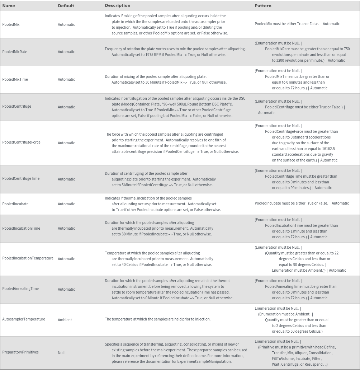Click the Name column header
click(x=9, y=6)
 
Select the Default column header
click(x=66, y=6)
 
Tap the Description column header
click(x=117, y=6)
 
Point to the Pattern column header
click(x=263, y=6)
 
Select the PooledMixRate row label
click(x=15, y=52)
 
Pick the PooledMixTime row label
click(x=15, y=79)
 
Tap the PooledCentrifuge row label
click(x=17, y=106)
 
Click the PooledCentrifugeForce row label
click(x=22, y=142)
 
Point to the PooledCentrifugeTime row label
click(x=21, y=178)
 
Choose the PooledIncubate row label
click(x=15, y=204)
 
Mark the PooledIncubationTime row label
click(x=21, y=228)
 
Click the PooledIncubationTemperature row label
click(x=28, y=258)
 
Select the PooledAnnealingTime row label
click(x=20, y=289)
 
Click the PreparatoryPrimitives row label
click(x=20, y=352)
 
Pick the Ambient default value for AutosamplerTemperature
click(x=65, y=320)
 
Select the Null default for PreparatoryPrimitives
click(x=61, y=353)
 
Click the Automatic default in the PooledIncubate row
click(x=66, y=204)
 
